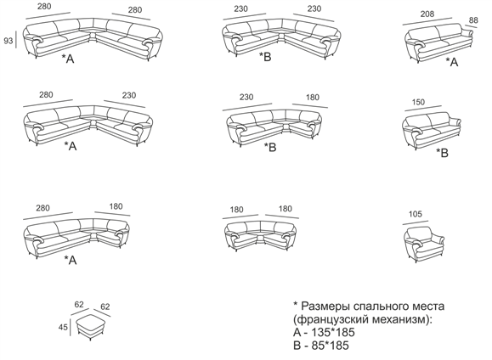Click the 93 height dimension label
[8, 41]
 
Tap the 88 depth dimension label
[473, 20]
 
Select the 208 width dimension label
[427, 14]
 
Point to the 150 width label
[418, 102]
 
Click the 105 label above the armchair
[416, 214]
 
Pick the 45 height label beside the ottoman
[63, 327]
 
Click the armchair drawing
[424, 244]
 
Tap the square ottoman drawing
[90, 327]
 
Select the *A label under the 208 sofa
[452, 62]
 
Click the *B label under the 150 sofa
[443, 153]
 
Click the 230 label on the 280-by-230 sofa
[129, 95]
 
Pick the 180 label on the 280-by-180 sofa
[116, 206]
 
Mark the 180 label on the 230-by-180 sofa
[312, 97]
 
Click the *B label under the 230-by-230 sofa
[265, 56]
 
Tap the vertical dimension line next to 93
[15, 41]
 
